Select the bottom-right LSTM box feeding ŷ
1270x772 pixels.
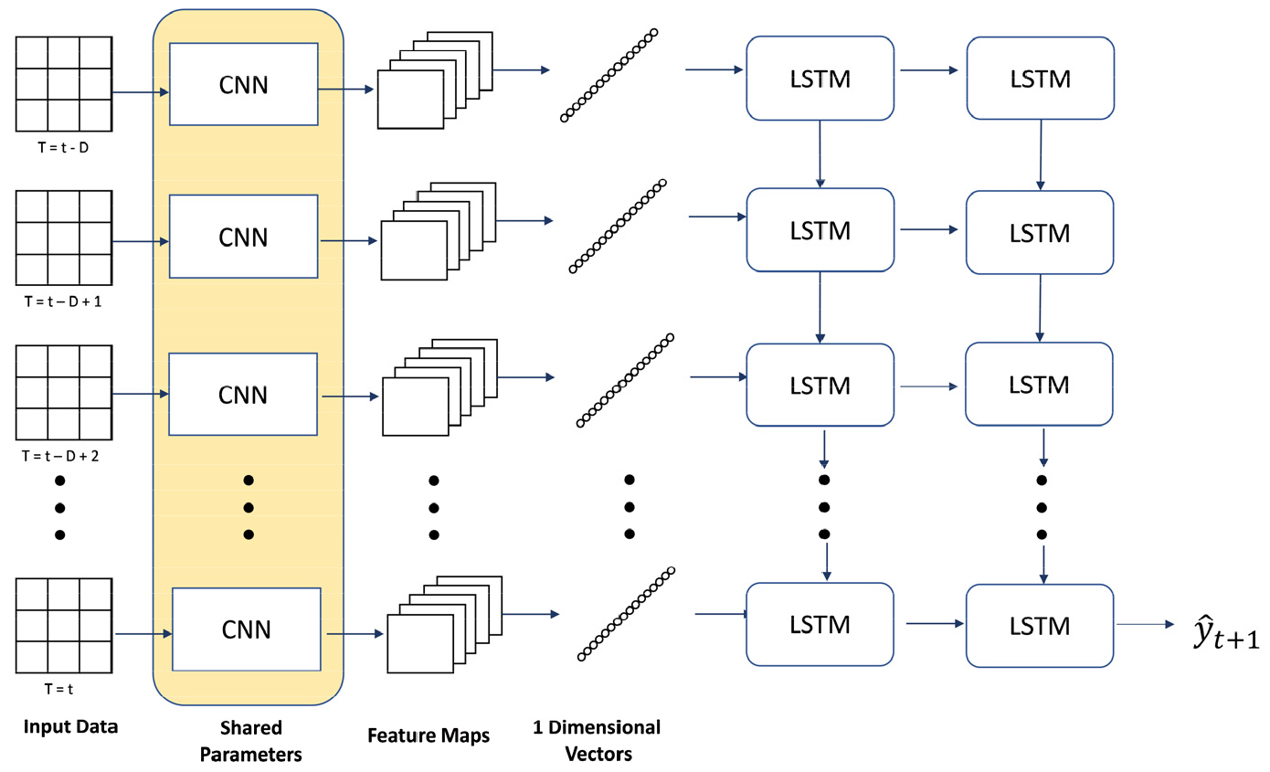tap(1038, 626)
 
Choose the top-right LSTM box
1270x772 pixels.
tap(1038, 79)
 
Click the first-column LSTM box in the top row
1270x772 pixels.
tap(819, 79)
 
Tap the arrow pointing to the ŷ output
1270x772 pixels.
tap(1143, 625)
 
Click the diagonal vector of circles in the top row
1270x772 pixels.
tap(609, 75)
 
